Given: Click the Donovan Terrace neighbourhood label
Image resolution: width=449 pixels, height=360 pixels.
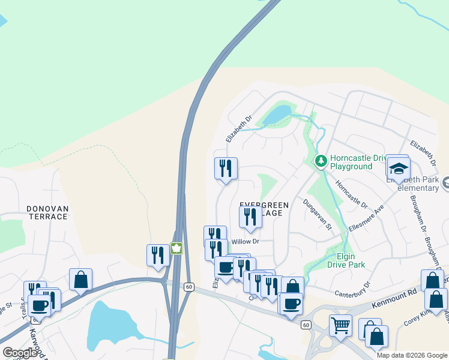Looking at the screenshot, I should click(47, 212).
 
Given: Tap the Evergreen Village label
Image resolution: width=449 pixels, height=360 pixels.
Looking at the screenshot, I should click(264, 209).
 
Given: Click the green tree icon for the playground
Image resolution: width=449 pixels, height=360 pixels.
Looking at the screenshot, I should click(321, 160).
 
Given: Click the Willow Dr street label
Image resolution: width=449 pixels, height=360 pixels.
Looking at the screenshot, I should click(245, 241).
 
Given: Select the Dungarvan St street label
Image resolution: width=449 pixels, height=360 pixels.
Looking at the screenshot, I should click(317, 214).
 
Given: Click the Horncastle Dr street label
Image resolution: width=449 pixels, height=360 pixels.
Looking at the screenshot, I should click(351, 194).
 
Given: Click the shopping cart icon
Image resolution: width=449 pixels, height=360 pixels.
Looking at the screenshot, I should click(341, 325).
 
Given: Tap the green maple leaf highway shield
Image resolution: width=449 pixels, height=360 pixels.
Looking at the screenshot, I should click(176, 248).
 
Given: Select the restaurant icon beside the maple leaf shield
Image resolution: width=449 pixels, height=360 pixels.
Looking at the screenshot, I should click(158, 254).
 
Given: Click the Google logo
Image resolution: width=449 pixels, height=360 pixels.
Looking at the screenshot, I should click(20, 353).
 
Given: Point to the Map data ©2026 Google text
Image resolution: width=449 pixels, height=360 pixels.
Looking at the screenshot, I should click(412, 355).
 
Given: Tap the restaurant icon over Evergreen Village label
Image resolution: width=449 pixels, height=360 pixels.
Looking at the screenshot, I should click(250, 217).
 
